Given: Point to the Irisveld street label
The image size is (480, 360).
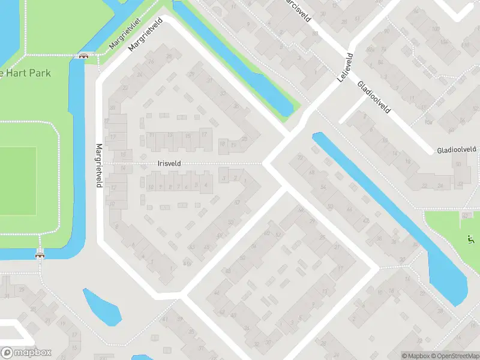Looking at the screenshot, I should tap(169, 163).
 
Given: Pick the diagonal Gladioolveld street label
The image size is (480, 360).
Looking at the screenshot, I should tap(374, 98).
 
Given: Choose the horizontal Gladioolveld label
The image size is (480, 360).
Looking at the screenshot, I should tap(456, 149).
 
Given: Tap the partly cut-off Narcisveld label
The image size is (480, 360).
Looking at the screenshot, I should tap(298, 8).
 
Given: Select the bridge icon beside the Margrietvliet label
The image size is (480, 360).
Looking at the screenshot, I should tap(84, 56).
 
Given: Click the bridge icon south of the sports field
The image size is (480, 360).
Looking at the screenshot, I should tap(40, 254).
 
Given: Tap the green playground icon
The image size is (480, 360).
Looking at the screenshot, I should tap(470, 241).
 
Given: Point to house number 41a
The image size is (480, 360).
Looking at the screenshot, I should tap(187, 262).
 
